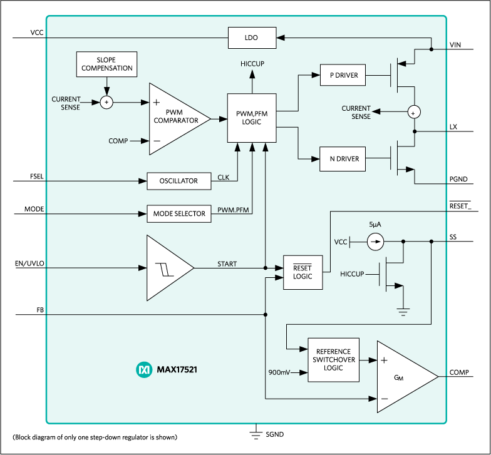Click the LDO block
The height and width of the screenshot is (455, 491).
[251, 38]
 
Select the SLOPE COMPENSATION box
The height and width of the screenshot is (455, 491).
[106, 64]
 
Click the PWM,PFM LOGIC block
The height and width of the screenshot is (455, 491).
[252, 118]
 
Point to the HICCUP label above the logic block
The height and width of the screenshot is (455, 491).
[252, 64]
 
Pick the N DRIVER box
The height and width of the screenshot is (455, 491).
[343, 159]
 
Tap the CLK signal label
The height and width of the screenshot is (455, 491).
[224, 178]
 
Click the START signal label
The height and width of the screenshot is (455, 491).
[227, 264]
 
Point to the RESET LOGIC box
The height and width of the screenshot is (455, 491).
[302, 272]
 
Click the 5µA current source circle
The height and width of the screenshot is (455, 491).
[375, 241]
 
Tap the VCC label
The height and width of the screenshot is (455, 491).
[341, 242]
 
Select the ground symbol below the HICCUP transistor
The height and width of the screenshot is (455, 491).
[403, 311]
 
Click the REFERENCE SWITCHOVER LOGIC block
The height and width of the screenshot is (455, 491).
[334, 360]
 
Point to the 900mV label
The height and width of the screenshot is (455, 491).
[279, 373]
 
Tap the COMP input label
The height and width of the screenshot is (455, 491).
[118, 141]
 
